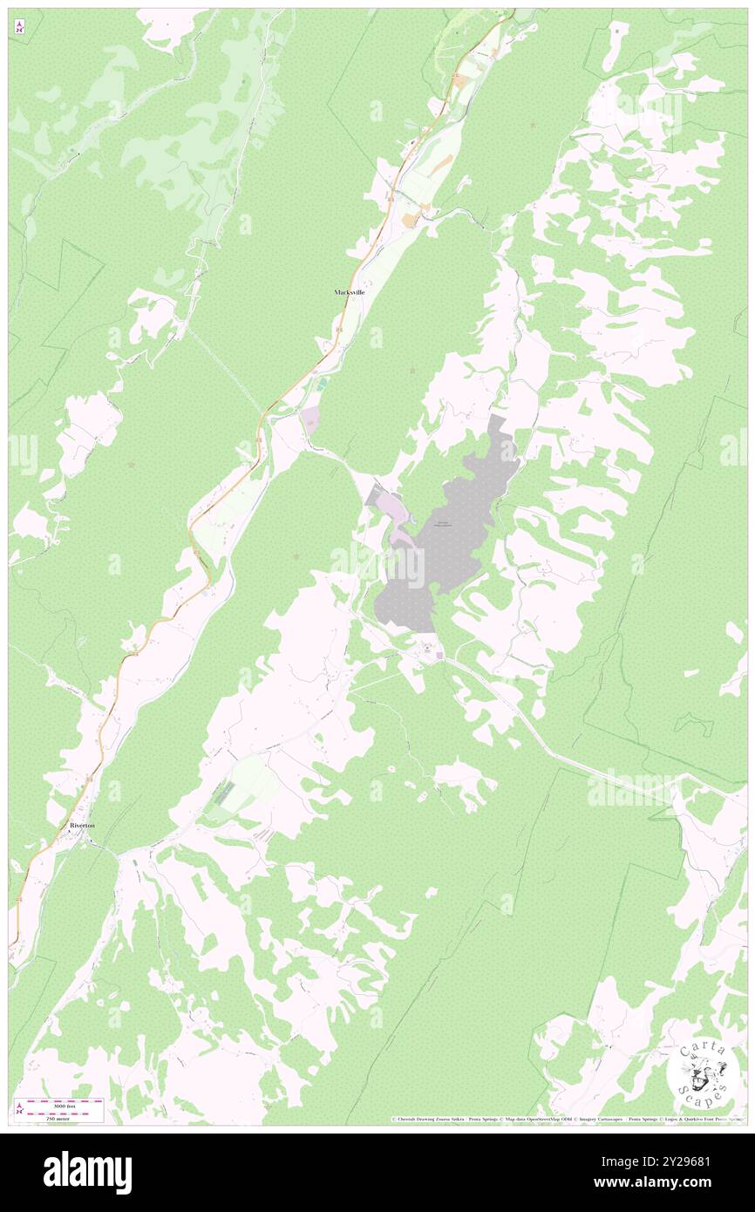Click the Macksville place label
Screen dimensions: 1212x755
(x=349, y=292)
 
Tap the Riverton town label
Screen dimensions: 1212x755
(x=83, y=824)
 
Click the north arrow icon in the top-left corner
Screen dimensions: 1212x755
(x=19, y=26)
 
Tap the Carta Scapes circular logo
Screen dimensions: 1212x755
(x=703, y=1077)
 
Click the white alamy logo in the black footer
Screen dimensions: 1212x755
(x=87, y=1173)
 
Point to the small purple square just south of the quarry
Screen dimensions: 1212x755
(x=440, y=656)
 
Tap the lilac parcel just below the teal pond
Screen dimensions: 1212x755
(x=310, y=426)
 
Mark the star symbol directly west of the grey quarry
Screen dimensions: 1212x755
(x=297, y=555)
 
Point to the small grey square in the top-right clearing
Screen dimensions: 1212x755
(x=617, y=31)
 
